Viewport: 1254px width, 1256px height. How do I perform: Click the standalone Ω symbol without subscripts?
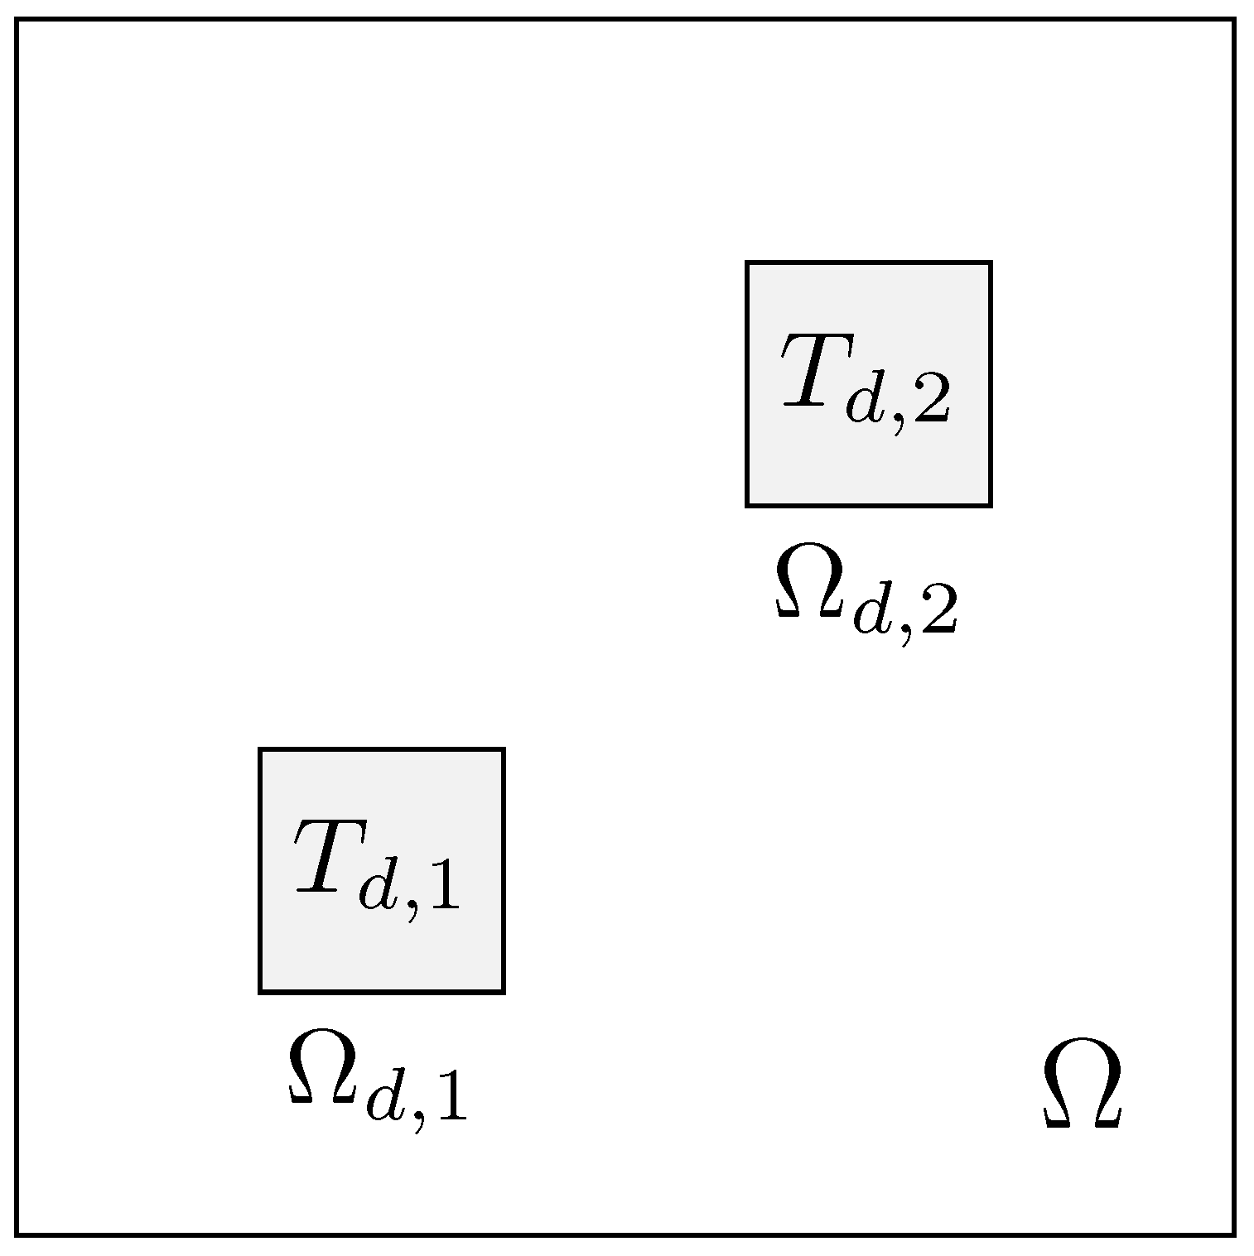click(x=1082, y=1085)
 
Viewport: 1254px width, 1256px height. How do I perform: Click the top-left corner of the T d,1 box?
click(x=261, y=750)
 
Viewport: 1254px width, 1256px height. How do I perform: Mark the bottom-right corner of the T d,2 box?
click(x=990, y=504)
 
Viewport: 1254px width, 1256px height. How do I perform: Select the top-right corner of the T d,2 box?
click(x=990, y=263)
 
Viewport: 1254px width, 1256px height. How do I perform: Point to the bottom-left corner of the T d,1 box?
click(x=261, y=991)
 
